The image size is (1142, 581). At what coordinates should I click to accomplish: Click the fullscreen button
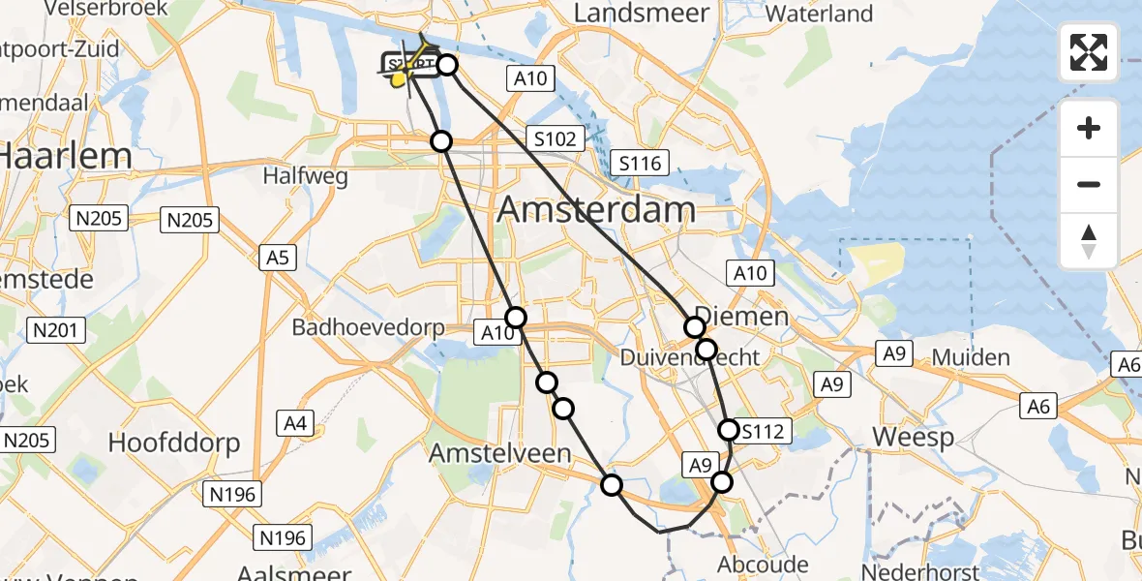(x=1089, y=52)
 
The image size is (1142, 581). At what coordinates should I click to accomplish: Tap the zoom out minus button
(x=1089, y=184)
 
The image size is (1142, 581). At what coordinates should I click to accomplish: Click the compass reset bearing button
(x=1089, y=241)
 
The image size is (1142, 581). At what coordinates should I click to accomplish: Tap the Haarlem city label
(x=66, y=156)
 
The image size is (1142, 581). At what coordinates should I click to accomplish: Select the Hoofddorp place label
(x=173, y=443)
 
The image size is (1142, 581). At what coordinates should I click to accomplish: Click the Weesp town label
(x=914, y=437)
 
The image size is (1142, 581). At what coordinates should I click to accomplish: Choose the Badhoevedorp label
(x=368, y=327)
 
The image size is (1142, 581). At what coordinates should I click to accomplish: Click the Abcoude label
(x=763, y=564)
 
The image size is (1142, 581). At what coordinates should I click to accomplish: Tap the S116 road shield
(x=641, y=163)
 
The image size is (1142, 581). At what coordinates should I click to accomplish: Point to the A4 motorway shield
(x=294, y=422)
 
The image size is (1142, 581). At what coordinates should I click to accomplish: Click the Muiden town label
(x=972, y=357)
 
